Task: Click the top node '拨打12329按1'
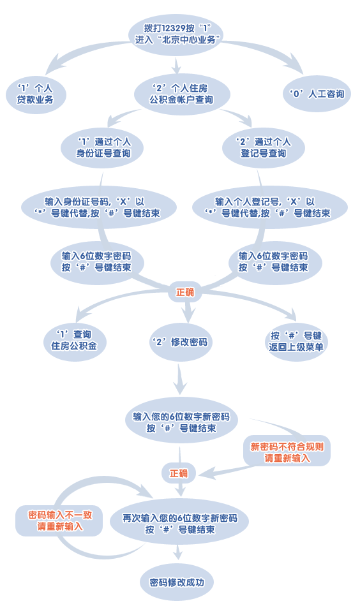click(176, 34)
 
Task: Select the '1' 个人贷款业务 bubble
click(36, 94)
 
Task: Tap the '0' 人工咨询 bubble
click(317, 94)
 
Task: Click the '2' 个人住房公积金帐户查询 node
click(182, 94)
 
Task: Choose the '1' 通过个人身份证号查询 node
click(103, 148)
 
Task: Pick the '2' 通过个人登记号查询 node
click(264, 148)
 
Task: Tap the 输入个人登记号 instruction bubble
click(270, 207)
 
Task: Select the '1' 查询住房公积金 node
click(74, 341)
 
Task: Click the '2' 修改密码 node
click(181, 343)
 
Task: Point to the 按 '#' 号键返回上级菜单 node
click(296, 342)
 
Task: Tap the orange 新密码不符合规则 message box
click(287, 452)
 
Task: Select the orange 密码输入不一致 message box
click(59, 521)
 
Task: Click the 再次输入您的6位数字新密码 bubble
click(179, 524)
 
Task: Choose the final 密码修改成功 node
click(177, 582)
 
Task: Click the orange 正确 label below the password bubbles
click(185, 293)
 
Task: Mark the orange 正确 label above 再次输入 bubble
click(179, 473)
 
